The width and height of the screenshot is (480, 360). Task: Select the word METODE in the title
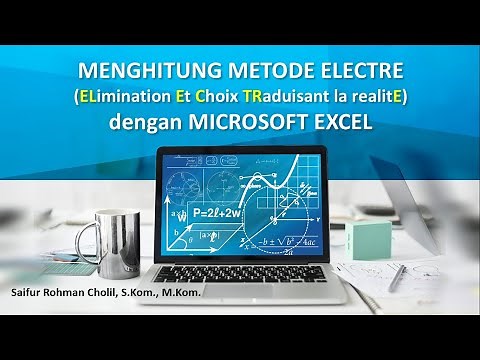(237, 72)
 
